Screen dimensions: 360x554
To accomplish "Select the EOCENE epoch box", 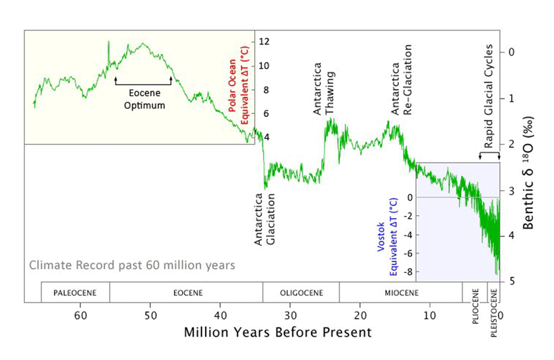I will (186, 292).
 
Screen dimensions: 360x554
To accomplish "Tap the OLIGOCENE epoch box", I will (301, 292).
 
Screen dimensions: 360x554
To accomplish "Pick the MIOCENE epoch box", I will (400, 292).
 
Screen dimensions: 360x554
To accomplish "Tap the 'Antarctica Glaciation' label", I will (265, 221).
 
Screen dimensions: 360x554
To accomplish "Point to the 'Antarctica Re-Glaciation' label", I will (402, 80).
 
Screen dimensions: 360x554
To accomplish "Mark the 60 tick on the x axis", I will (80, 315).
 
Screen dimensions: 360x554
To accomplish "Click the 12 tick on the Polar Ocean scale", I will (263, 42).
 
